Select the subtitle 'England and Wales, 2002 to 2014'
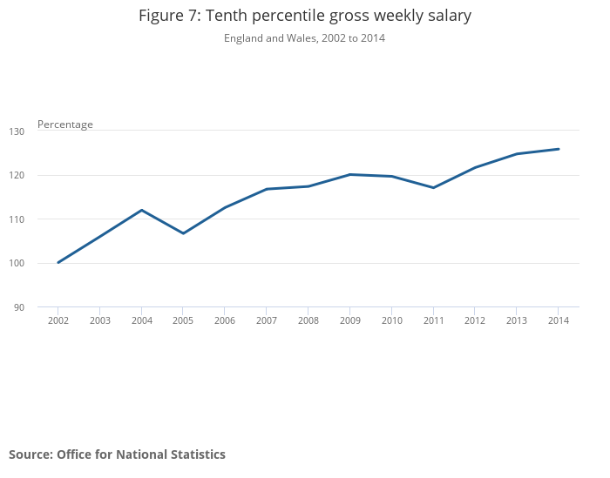(304, 38)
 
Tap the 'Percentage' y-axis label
(65, 125)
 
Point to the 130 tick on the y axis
(43, 131)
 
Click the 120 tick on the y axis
(43, 175)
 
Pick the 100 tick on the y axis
(43, 263)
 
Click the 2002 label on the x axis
(58, 320)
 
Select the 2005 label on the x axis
(183, 320)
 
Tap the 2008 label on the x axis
(308, 320)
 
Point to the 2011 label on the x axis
(433, 320)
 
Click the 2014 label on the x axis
(559, 320)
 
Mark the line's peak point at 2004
(141, 210)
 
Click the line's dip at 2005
(183, 233)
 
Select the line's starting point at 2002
(58, 262)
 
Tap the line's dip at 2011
(433, 187)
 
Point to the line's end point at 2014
(559, 149)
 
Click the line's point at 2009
(349, 174)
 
